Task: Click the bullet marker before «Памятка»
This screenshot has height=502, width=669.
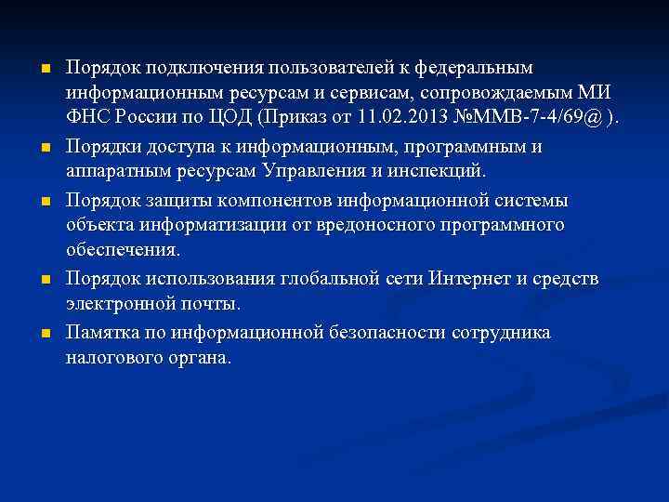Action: coord(45,332)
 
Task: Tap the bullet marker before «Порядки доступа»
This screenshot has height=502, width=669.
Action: coord(45,147)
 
